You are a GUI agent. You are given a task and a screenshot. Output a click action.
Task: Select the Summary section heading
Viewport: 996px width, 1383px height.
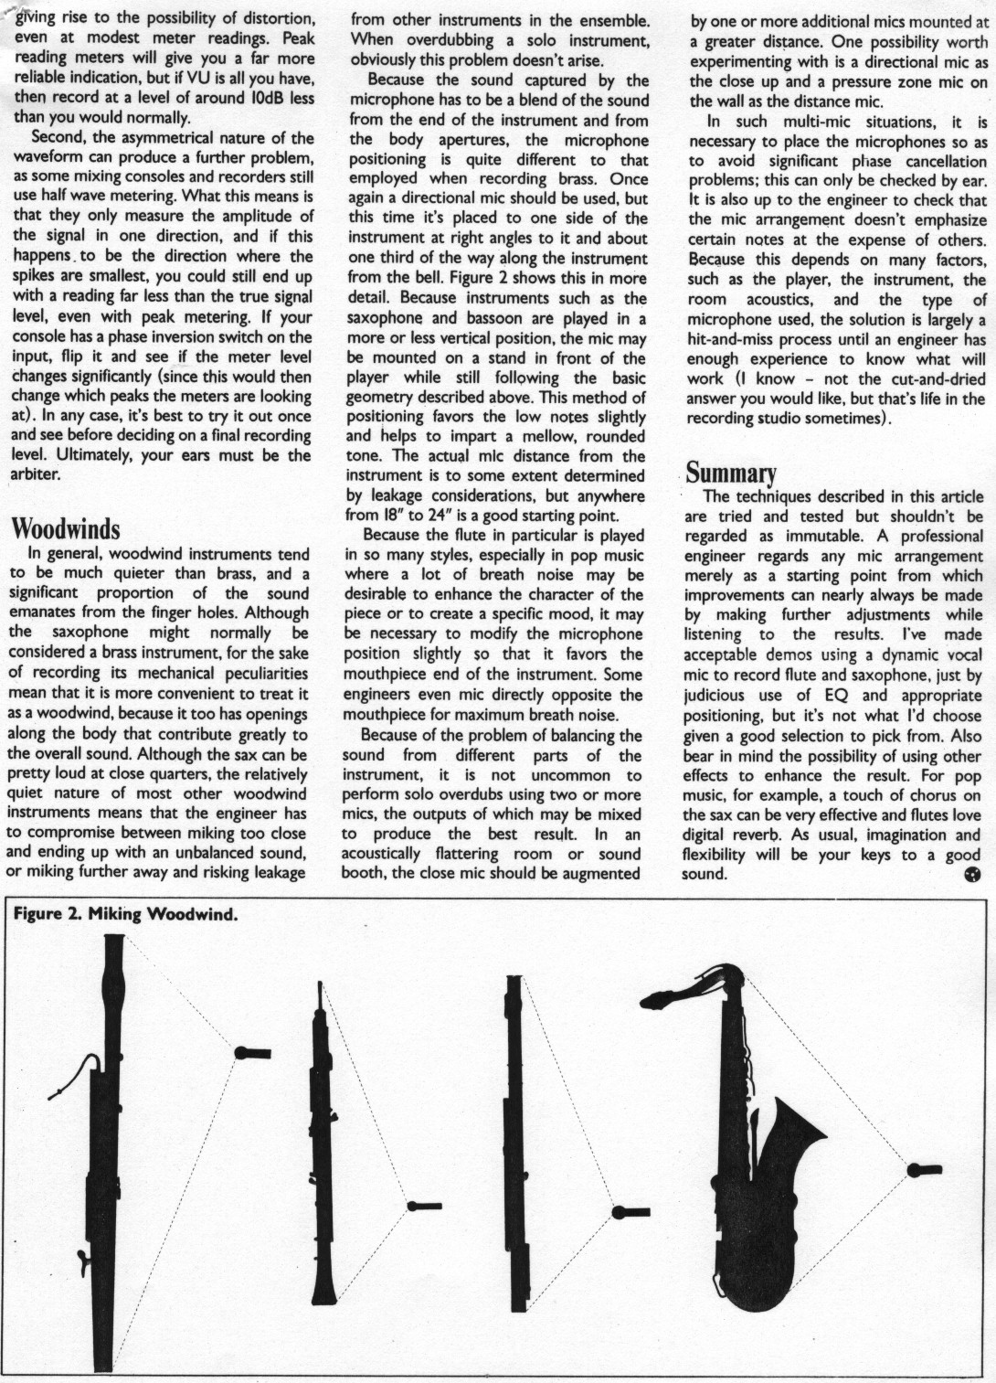point(731,473)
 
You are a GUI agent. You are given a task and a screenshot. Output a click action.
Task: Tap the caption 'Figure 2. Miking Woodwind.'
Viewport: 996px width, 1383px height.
point(127,916)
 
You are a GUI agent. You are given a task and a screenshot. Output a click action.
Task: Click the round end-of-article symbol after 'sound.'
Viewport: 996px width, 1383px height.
point(972,875)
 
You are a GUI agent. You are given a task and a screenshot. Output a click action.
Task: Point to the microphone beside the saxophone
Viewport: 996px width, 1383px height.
point(925,1168)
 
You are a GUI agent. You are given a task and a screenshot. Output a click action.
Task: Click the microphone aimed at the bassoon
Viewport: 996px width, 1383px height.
point(252,1052)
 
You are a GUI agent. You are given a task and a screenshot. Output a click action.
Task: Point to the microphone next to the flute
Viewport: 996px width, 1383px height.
point(630,1212)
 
